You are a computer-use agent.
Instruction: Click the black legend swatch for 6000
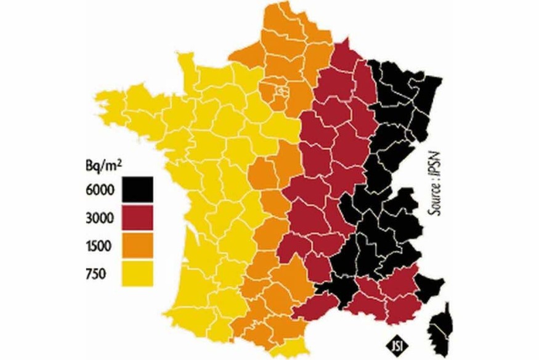[x=137, y=188]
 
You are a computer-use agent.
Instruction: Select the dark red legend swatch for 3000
[x=137, y=216]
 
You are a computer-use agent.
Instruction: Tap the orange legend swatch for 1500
[x=137, y=245]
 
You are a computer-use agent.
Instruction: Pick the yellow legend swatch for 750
[x=137, y=273]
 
